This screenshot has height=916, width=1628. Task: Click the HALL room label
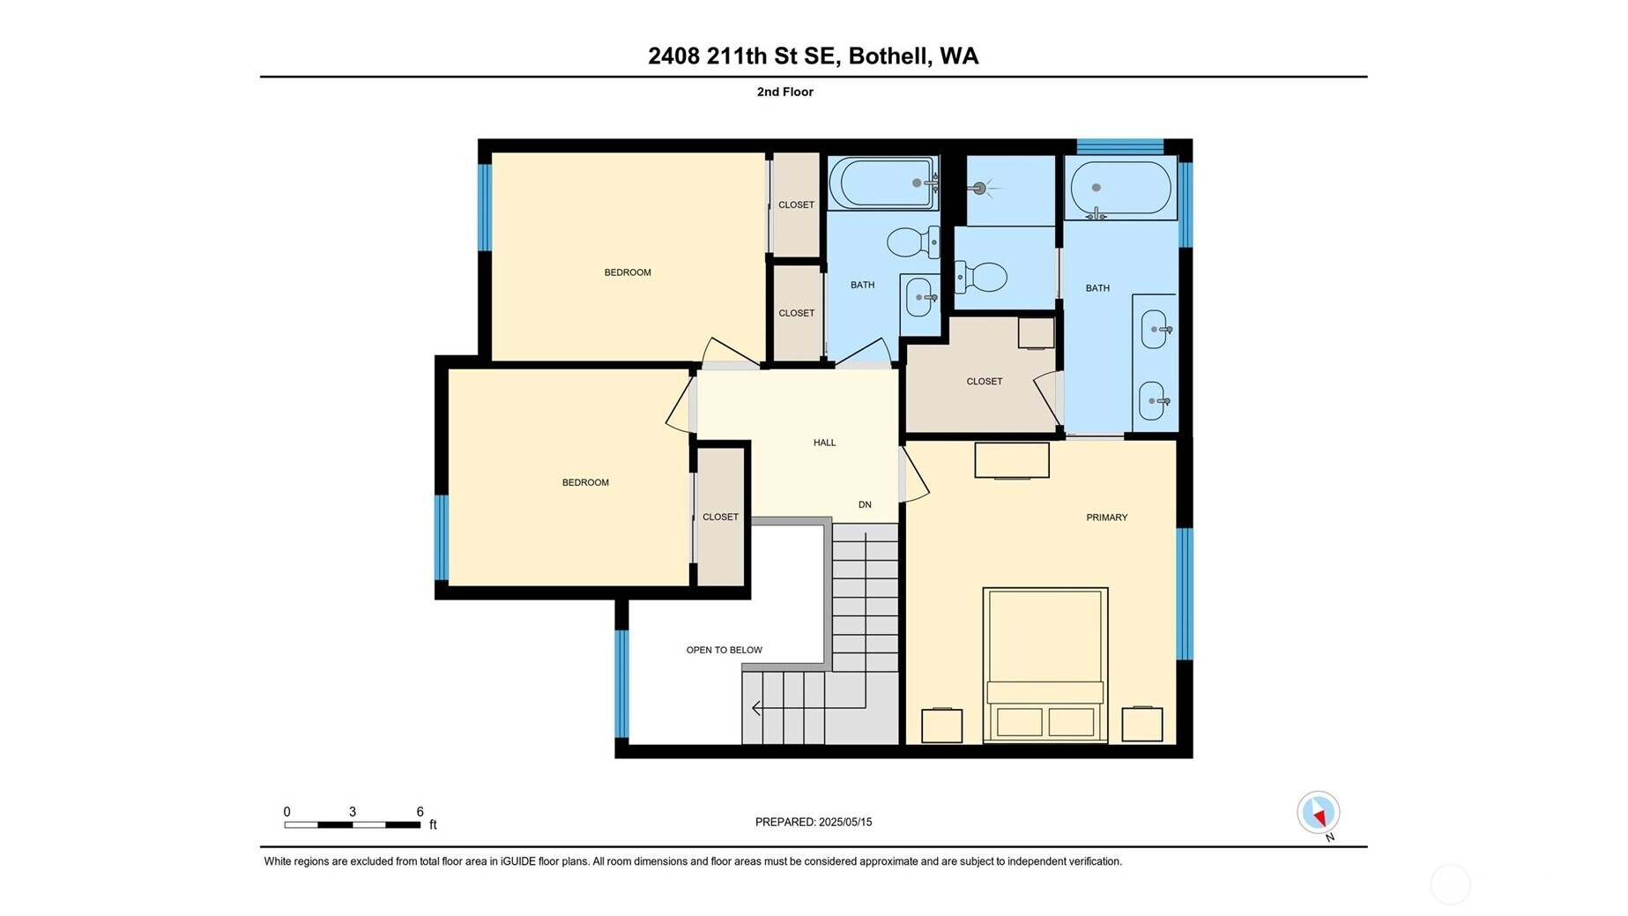(x=824, y=443)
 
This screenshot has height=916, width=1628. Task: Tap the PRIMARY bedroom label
(x=1106, y=518)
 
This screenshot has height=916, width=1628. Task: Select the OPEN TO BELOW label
(x=725, y=650)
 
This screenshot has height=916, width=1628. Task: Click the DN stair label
(x=865, y=504)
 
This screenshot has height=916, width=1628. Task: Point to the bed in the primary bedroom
(x=1045, y=665)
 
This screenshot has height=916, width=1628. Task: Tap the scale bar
(x=353, y=825)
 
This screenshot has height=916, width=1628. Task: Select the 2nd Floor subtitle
(x=784, y=92)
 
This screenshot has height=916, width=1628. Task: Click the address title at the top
(x=813, y=56)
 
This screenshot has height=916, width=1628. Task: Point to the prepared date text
(x=814, y=822)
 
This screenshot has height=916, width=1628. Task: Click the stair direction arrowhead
(x=756, y=708)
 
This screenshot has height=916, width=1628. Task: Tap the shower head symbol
(x=978, y=188)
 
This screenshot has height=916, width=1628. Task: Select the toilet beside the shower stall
(x=981, y=277)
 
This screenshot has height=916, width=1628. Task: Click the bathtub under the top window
(x=1120, y=188)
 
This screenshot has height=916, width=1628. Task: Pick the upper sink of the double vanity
(x=1156, y=330)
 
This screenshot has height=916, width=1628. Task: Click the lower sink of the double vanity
(x=1156, y=401)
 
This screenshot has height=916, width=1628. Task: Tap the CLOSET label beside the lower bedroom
(x=720, y=517)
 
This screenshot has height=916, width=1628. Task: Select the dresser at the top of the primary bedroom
(x=1012, y=460)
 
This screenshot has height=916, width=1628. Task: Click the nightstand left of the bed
(x=941, y=725)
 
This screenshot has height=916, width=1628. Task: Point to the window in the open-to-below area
(x=621, y=683)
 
